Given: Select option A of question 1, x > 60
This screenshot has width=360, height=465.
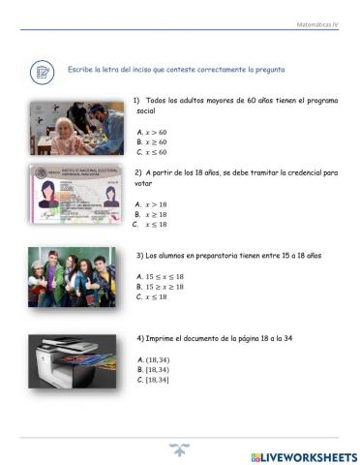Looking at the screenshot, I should [x=152, y=131].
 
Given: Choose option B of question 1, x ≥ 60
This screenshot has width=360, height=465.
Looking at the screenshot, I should [x=152, y=141].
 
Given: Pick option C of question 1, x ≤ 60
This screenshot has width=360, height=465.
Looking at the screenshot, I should [x=152, y=152].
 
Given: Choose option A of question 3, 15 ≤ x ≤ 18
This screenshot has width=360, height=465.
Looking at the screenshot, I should [x=161, y=276].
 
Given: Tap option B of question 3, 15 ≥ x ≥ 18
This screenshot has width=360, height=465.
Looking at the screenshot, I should [x=161, y=287].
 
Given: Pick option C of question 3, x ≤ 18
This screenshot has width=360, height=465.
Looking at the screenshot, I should [x=152, y=296].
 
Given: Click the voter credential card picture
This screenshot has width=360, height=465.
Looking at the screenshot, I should [x=76, y=198].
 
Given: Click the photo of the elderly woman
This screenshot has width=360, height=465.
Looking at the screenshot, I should [x=76, y=128].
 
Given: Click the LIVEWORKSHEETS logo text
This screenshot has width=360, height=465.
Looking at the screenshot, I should [x=303, y=456].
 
